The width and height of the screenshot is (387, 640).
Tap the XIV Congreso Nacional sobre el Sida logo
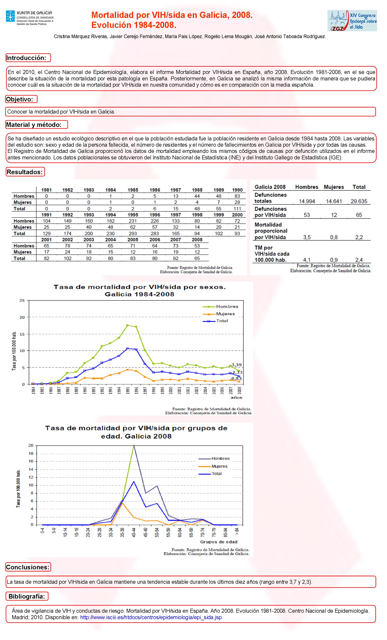tap(352, 21)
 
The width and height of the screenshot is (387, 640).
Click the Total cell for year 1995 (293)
tap(133, 233)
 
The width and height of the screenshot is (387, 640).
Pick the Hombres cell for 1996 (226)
tap(155, 221)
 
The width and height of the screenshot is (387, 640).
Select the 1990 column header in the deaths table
tap(237, 190)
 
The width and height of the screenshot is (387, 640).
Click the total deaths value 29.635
tap(359, 201)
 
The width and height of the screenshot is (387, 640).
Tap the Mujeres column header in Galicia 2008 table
tap(334, 187)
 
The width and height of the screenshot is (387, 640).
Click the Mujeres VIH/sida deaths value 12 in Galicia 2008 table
tap(334, 215)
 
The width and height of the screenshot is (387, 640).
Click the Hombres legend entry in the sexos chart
tap(227, 306)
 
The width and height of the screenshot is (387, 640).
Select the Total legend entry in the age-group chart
tap(216, 474)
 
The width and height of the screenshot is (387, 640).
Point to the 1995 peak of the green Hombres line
tap(127, 325)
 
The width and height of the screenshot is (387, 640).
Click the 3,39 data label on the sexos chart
tap(237, 365)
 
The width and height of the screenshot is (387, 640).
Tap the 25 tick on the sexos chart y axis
tap(22, 300)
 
